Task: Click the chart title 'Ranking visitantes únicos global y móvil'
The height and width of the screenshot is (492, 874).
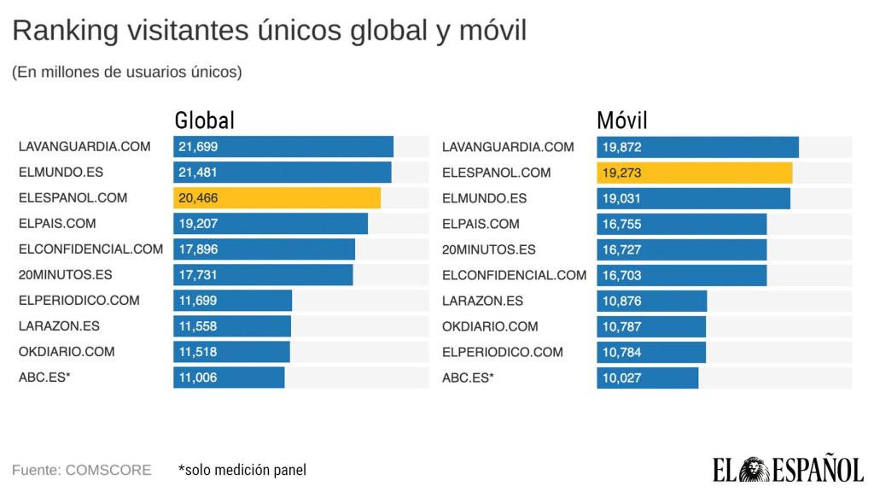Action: tap(269, 32)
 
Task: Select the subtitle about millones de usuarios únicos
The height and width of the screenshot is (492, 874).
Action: tap(127, 73)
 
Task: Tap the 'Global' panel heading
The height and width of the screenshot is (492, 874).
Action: tap(204, 120)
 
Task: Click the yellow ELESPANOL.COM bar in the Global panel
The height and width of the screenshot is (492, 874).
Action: tap(277, 198)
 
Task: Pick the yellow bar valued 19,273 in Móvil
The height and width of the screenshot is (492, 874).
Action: tap(694, 173)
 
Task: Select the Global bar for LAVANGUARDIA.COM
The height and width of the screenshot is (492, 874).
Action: tap(283, 147)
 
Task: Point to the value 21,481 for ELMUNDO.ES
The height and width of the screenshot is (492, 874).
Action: tap(198, 173)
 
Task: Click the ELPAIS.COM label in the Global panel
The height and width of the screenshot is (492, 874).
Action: tap(57, 224)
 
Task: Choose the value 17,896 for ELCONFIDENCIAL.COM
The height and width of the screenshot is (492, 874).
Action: tap(198, 249)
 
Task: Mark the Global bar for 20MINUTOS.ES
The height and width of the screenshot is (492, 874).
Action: tap(263, 275)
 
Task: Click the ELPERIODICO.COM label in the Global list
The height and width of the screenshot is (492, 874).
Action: tap(79, 301)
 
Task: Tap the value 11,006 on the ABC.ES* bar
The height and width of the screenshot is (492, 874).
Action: tap(198, 378)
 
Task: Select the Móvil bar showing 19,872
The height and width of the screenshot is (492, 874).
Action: tap(697, 147)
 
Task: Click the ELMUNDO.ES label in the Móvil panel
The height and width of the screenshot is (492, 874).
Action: tap(483, 198)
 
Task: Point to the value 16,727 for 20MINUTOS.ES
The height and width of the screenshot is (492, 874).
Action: tap(621, 249)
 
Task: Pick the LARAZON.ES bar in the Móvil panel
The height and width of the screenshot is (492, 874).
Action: tap(651, 301)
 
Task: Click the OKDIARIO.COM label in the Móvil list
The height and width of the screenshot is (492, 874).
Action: tap(490, 326)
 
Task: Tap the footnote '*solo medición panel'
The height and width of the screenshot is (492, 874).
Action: tap(242, 470)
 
